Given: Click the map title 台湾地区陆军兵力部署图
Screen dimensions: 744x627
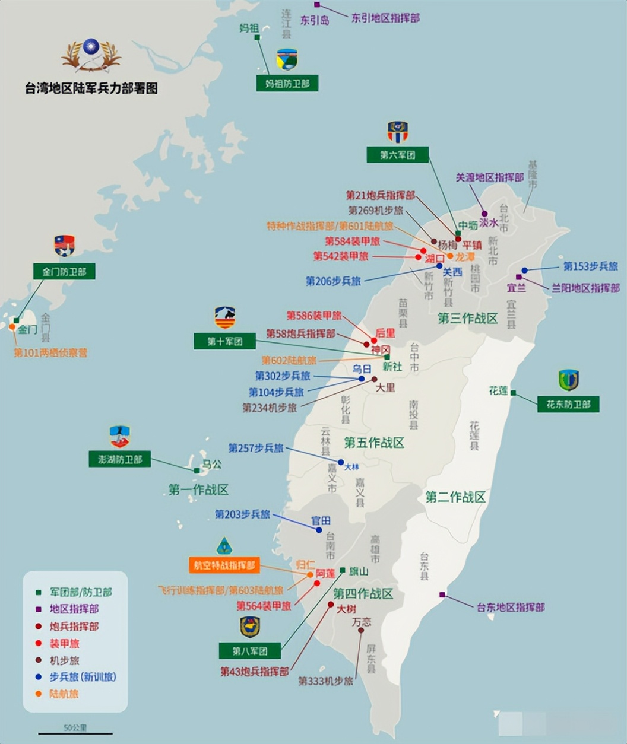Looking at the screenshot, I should (x=91, y=89).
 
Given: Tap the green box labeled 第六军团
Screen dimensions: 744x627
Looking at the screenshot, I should (x=398, y=155).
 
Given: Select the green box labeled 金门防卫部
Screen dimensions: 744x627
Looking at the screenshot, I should (x=64, y=272).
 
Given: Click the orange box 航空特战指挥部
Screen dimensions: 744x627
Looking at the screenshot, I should (x=224, y=565).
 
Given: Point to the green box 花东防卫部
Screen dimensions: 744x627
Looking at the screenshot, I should (x=568, y=405).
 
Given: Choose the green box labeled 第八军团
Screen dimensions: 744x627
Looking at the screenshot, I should (x=250, y=651).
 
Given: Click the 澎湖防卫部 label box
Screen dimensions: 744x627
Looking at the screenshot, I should (x=120, y=459).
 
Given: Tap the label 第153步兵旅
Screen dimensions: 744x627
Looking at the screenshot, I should (x=591, y=266).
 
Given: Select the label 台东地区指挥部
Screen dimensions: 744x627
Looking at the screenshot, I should (x=511, y=607).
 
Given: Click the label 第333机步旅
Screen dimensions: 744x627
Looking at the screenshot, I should (x=325, y=681).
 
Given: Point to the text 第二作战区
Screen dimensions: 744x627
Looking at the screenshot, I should (x=455, y=497).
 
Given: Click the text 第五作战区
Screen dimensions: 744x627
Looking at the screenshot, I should (x=374, y=443).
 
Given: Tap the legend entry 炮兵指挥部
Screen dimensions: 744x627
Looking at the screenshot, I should (x=74, y=627).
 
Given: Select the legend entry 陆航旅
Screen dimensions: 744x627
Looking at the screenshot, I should (x=64, y=694).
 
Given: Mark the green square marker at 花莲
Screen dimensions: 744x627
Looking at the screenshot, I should (x=513, y=393).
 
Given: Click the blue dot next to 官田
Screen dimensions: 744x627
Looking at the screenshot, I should (x=319, y=530).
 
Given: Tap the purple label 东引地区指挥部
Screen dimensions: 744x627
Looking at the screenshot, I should (x=385, y=18).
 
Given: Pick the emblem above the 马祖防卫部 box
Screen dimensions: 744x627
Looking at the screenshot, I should (x=287, y=59).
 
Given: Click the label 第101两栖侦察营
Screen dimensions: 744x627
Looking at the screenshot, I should (x=50, y=353).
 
